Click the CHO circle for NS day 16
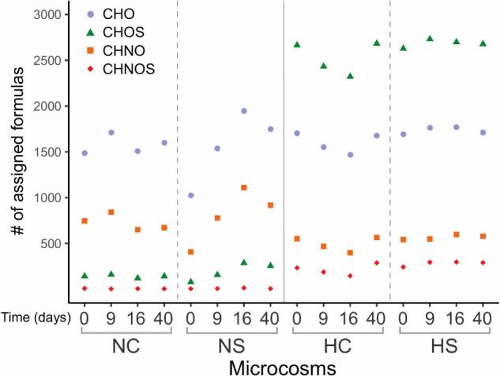244,111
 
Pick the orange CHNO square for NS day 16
244,188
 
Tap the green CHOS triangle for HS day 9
430,39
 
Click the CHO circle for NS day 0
190,195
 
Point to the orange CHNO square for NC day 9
111,212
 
